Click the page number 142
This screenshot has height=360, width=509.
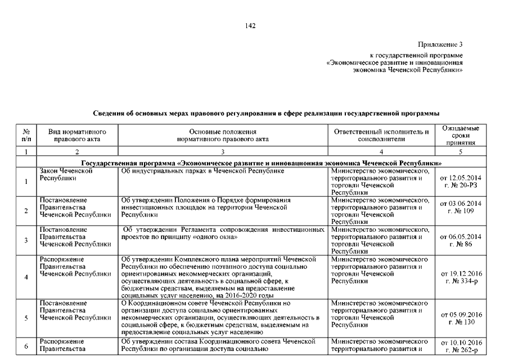[x=251, y=25]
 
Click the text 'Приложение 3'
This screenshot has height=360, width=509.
[x=440, y=44]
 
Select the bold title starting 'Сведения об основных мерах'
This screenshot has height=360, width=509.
[x=265, y=114]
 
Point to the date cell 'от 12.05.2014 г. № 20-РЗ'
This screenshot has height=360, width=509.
[x=461, y=182]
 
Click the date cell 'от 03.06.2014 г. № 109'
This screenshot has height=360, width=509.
[x=461, y=211]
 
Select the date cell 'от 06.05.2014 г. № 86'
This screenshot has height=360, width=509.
[x=461, y=240]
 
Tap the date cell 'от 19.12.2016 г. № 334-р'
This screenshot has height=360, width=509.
[x=461, y=277]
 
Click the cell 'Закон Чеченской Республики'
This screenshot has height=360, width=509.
[x=66, y=174]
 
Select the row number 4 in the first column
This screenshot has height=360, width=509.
[x=26, y=277]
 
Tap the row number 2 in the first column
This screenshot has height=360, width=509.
[x=26, y=211]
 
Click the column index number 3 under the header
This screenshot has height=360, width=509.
[x=223, y=152]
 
